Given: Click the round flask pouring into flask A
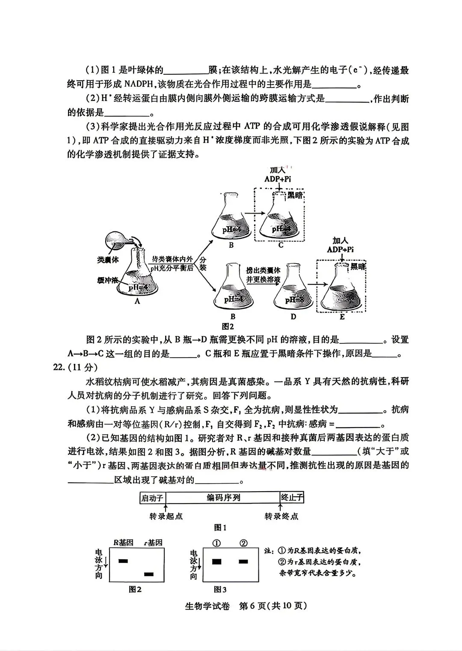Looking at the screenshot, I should (x=116, y=239).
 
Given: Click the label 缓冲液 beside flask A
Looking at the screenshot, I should (x=107, y=280).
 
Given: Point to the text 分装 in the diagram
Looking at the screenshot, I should (x=203, y=264).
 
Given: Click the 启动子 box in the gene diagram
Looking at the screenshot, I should (x=153, y=498).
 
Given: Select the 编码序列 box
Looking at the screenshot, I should (x=223, y=498).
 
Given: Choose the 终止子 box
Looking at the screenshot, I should (x=292, y=498).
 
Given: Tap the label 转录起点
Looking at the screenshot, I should (x=166, y=516).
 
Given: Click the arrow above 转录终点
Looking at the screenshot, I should (x=280, y=507).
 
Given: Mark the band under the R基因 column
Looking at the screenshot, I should (x=123, y=561).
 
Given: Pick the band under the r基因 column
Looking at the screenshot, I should (x=149, y=575).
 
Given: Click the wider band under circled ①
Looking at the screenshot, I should (x=216, y=562).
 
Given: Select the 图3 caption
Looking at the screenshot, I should (x=220, y=590).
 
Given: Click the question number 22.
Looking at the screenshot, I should (x=59, y=367).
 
